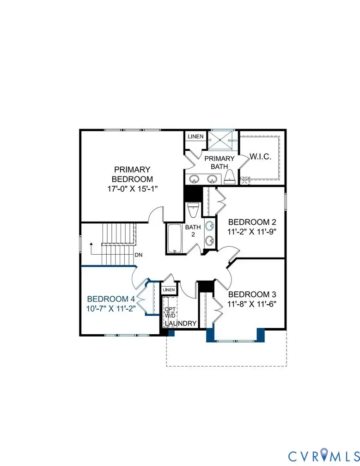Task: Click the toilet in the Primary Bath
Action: point(230,176)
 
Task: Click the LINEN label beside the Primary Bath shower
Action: point(195,137)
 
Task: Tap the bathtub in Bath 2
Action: point(175,238)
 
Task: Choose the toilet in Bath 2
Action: point(193,210)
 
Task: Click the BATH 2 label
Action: point(192,231)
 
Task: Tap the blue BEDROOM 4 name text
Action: point(110,298)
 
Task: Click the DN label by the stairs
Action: point(138,255)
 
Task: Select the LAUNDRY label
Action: point(181,323)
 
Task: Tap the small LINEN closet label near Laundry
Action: point(169,290)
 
